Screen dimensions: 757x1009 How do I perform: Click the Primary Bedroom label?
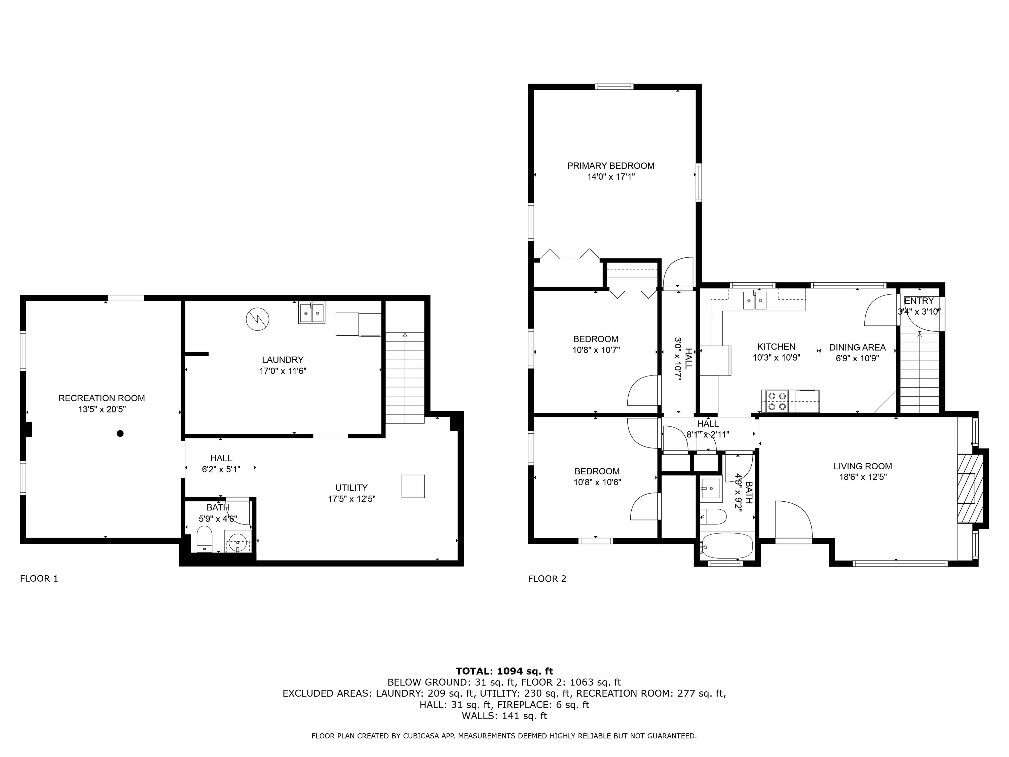[x=610, y=166]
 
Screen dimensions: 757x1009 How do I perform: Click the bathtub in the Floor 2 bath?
[x=727, y=546]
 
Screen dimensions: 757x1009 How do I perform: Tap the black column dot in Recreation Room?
[x=120, y=433]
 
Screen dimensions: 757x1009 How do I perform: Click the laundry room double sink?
[x=311, y=313]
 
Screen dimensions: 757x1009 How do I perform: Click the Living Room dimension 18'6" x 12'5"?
[x=863, y=477]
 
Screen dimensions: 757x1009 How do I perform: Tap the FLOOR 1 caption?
[x=39, y=579]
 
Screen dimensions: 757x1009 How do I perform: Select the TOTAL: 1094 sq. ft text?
[x=504, y=671]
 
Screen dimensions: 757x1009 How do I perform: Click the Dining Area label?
[x=857, y=347]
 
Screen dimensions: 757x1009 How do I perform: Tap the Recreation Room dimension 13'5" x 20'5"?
[x=102, y=409]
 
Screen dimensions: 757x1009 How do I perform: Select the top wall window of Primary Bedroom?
[x=614, y=87]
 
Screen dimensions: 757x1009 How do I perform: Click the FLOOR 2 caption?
[x=547, y=579]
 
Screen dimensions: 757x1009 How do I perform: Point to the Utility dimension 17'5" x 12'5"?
[x=351, y=499]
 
